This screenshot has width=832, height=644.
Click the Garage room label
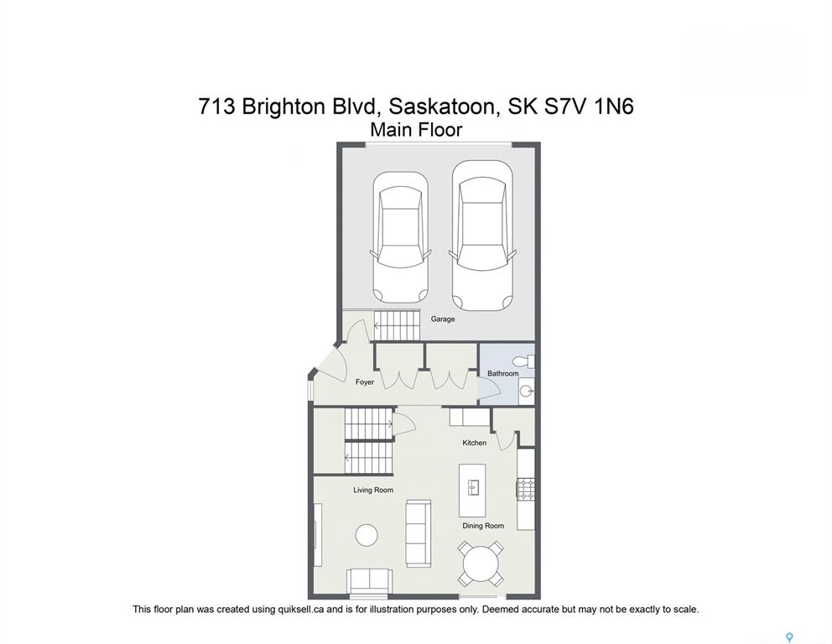click(443, 319)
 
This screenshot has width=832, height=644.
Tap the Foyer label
click(365, 382)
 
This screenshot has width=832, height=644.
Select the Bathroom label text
click(503, 373)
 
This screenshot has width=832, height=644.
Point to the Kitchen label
click(475, 443)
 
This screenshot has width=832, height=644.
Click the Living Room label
click(373, 491)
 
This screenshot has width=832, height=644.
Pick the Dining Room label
click(483, 526)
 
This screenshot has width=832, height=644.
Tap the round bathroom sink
click(526, 392)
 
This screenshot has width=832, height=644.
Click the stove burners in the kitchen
click(526, 489)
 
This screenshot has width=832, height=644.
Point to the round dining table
click(481, 563)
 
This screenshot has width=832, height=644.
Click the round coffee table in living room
click(367, 535)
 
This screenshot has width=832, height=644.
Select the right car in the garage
click(481, 236)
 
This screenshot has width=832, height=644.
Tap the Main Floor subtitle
click(416, 129)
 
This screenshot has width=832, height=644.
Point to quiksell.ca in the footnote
click(301, 610)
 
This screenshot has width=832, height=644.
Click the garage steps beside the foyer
click(397, 325)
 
